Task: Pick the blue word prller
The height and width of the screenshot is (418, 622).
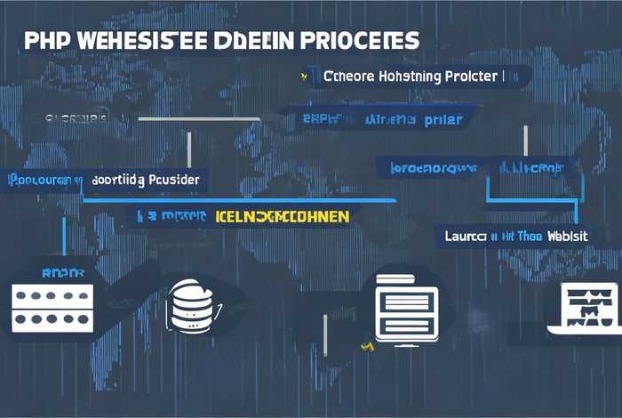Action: [x=444, y=118]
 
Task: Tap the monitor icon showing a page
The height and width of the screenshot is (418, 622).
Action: [x=403, y=305]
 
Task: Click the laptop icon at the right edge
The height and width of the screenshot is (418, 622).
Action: [x=586, y=308]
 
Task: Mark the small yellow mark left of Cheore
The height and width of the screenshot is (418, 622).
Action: [x=305, y=77]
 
